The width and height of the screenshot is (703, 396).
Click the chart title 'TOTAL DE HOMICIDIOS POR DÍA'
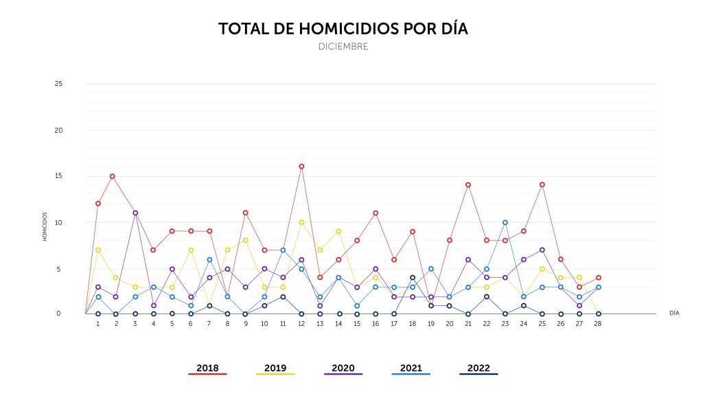click(343, 29)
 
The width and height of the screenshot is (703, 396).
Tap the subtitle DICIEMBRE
click(343, 46)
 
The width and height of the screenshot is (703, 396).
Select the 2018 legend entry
click(207, 368)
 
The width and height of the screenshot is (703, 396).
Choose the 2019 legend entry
click(275, 368)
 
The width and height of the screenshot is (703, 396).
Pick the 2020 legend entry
click(343, 368)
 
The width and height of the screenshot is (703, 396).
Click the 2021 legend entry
click(411, 368)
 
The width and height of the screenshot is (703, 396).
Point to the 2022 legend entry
click(479, 368)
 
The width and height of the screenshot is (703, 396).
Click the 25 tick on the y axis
click(58, 83)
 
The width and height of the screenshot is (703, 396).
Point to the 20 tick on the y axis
click(58, 130)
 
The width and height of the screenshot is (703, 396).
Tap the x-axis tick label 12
click(301, 324)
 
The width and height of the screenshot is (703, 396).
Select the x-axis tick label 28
click(598, 324)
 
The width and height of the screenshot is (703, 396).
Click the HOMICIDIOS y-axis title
click(45, 227)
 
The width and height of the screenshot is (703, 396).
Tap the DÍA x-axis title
click(674, 313)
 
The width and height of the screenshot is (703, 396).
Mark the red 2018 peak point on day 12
click(301, 166)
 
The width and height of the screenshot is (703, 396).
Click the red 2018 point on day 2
click(113, 177)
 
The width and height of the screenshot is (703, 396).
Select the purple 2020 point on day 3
click(135, 213)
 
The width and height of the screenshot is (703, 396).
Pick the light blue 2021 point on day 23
click(505, 223)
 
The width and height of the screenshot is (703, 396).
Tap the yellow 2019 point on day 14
click(338, 232)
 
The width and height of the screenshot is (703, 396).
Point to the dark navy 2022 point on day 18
click(413, 278)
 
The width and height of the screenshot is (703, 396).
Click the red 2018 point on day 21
click(468, 185)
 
